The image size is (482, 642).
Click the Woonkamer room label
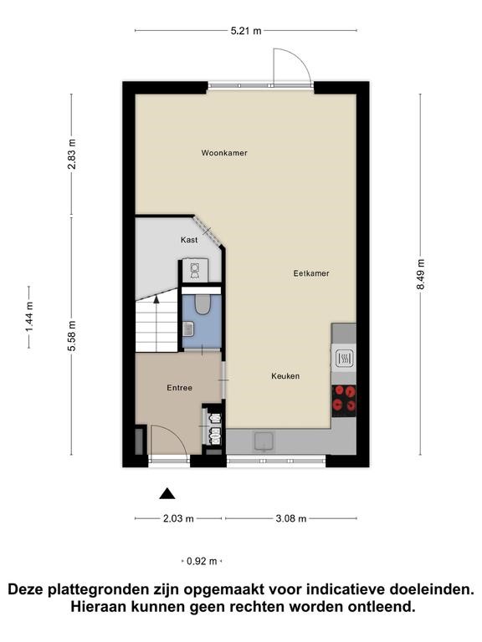coord(224,153)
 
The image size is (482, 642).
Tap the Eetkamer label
coord(311,273)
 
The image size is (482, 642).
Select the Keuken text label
coord(285,376)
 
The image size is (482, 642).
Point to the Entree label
coord(180,387)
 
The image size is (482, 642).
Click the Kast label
coord(189,240)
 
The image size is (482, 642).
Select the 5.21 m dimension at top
coord(246,31)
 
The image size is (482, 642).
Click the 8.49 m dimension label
coord(421,274)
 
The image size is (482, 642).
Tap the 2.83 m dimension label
coord(72,154)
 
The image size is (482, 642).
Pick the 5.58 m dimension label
coord(72,336)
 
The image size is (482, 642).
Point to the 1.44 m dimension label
coord(29,317)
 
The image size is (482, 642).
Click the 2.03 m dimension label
coord(178,519)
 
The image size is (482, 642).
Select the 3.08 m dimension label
coord(291,519)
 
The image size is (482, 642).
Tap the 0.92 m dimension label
coord(202,562)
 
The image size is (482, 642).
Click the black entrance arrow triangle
coord(167,494)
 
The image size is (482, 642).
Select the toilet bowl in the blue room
coord(202,304)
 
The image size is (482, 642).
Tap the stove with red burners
coord(344,400)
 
